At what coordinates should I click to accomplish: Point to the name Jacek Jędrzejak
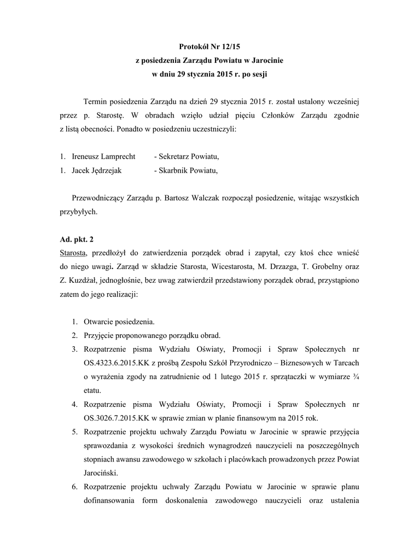click(97, 170)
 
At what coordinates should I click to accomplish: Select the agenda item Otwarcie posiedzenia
click(119, 322)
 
